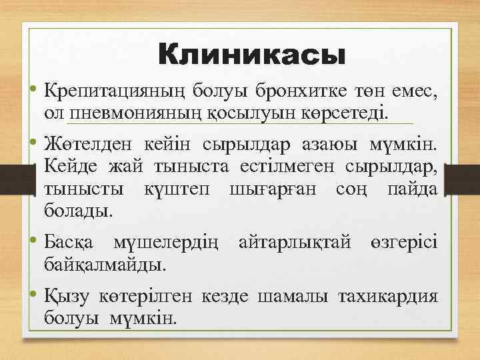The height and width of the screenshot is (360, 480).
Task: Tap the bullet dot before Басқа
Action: pyautogui.click(x=33, y=241)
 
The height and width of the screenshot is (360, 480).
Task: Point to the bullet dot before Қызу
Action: pyautogui.click(x=33, y=295)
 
